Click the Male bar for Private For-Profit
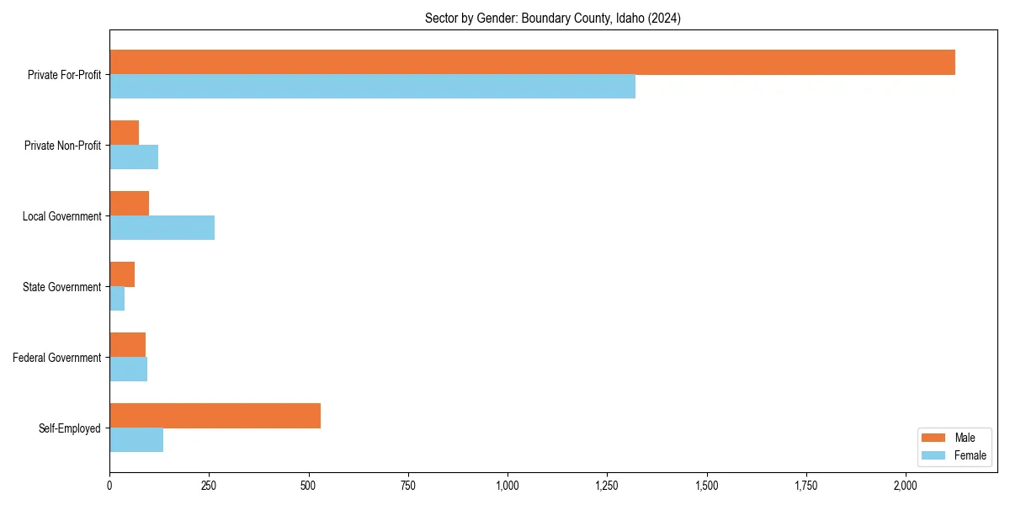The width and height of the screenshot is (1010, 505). [x=532, y=62]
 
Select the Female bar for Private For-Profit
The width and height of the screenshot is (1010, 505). [x=372, y=87]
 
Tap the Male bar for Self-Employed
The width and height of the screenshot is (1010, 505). [x=215, y=416]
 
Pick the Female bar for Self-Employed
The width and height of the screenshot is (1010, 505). [x=136, y=440]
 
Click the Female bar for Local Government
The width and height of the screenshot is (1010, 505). [x=162, y=228]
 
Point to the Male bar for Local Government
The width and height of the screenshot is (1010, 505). [x=129, y=204]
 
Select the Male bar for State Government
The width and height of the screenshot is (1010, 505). [x=122, y=274]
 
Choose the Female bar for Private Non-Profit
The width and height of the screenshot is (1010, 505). [x=134, y=157]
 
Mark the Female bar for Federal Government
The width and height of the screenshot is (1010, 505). [x=128, y=369]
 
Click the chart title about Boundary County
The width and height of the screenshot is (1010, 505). [x=553, y=19]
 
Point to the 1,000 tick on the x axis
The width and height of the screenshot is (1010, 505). [x=508, y=486]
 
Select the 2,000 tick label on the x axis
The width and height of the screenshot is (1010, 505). [x=906, y=486]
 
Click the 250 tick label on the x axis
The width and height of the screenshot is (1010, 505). [x=209, y=486]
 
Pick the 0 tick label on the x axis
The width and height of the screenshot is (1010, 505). [x=109, y=486]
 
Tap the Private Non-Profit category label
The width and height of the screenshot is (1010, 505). [x=62, y=146]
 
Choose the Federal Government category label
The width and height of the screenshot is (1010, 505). [x=57, y=358]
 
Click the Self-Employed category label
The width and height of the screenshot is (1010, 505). [x=70, y=428]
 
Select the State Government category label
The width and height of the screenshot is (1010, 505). [x=62, y=287]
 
